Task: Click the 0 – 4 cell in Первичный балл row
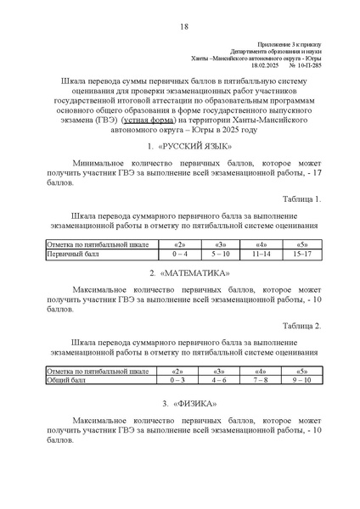(179, 253)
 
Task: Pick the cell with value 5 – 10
(221, 253)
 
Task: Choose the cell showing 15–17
(302, 253)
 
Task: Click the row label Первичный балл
(73, 253)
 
